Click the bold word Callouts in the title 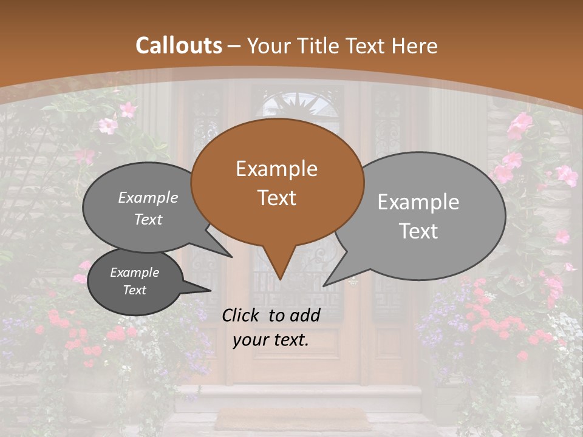[179, 46]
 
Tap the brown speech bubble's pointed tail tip [279, 279]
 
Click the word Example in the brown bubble [276, 169]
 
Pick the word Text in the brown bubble [276, 197]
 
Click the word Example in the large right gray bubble [418, 202]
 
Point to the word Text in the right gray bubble [418, 231]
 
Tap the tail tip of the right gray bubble [324, 285]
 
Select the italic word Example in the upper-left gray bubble [148, 197]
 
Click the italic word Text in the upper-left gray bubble [148, 219]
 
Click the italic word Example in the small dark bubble [134, 273]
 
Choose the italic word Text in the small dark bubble [134, 290]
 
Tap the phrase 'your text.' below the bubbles [271, 340]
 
